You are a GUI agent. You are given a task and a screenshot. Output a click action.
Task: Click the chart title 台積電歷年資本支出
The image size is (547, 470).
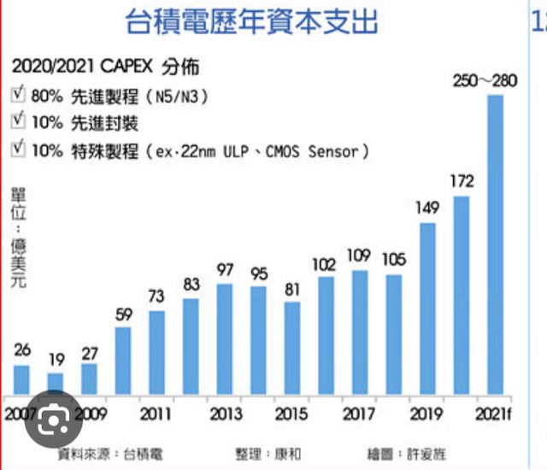click(x=251, y=21)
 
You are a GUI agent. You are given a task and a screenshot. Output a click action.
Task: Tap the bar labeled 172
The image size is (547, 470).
click(x=462, y=295)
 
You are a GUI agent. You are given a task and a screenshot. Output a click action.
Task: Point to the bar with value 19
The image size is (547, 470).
click(x=55, y=382)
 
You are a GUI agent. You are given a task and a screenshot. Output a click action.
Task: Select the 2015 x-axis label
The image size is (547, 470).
click(x=292, y=414)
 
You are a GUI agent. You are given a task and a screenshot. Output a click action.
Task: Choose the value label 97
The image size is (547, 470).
click(x=225, y=268)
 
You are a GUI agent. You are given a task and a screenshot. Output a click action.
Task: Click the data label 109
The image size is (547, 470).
click(x=360, y=254)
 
